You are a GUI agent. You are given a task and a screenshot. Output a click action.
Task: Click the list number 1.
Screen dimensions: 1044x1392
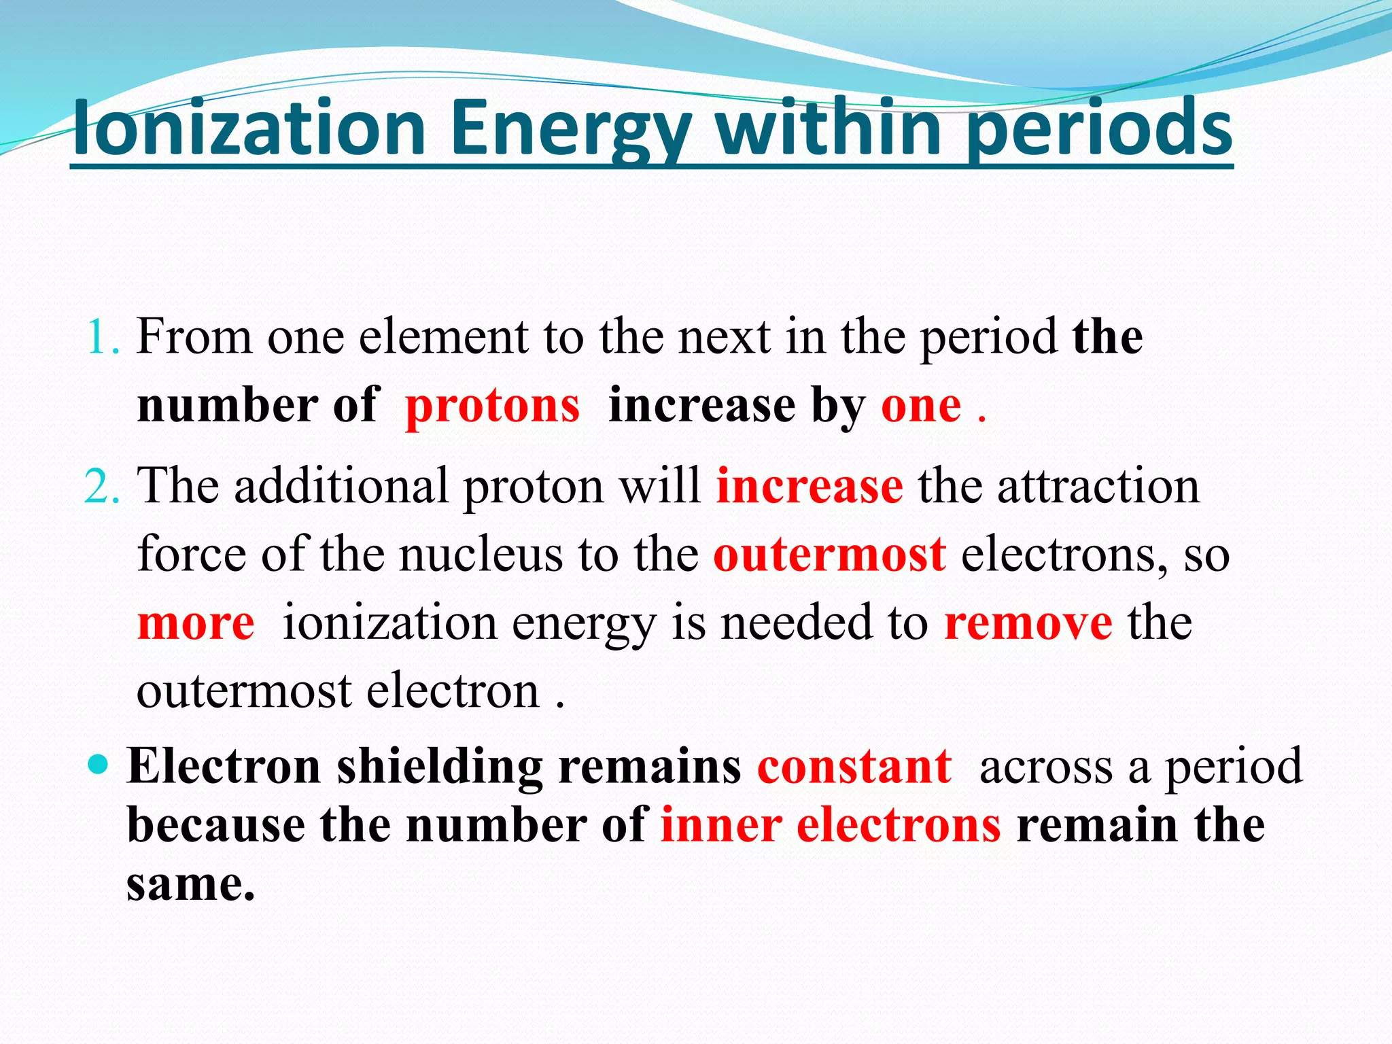[102, 337]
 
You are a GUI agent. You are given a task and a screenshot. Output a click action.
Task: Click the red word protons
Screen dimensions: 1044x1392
[492, 406]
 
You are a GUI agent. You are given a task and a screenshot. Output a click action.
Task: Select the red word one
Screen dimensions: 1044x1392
[921, 406]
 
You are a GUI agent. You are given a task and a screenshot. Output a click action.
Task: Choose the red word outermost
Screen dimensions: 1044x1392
[829, 555]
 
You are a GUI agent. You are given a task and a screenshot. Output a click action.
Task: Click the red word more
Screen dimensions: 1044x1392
[196, 623]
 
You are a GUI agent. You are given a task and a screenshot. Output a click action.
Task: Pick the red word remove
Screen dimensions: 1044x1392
[1028, 623]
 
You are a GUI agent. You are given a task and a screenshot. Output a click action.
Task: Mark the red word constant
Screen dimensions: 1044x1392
[854, 767]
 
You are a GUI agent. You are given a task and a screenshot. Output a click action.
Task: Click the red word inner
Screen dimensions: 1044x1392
[720, 826]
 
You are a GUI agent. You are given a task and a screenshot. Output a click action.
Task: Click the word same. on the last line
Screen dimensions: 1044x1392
[190, 885]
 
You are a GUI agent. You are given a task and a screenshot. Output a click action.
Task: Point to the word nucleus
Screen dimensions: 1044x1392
[481, 555]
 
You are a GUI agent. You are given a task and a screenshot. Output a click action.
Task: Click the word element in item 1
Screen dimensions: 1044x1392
[443, 337]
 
